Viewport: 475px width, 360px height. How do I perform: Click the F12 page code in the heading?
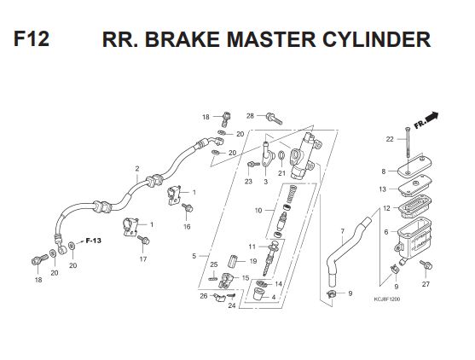(x=32, y=38)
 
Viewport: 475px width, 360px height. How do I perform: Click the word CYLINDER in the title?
(x=376, y=40)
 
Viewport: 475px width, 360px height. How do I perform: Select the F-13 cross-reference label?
(x=93, y=241)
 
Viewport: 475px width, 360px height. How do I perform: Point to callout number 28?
(x=250, y=116)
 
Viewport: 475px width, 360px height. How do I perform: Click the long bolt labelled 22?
(x=408, y=142)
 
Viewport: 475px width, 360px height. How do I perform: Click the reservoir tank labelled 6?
(x=414, y=235)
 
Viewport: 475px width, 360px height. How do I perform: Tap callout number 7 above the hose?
(x=342, y=231)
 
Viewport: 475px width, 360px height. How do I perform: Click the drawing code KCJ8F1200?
(x=387, y=299)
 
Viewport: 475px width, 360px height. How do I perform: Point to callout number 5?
(x=194, y=256)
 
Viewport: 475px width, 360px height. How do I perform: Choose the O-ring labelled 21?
(x=281, y=155)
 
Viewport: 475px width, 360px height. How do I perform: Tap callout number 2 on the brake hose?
(x=137, y=169)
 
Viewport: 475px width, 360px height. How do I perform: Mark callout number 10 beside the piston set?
(x=258, y=211)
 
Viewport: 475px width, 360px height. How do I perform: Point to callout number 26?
(x=204, y=296)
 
